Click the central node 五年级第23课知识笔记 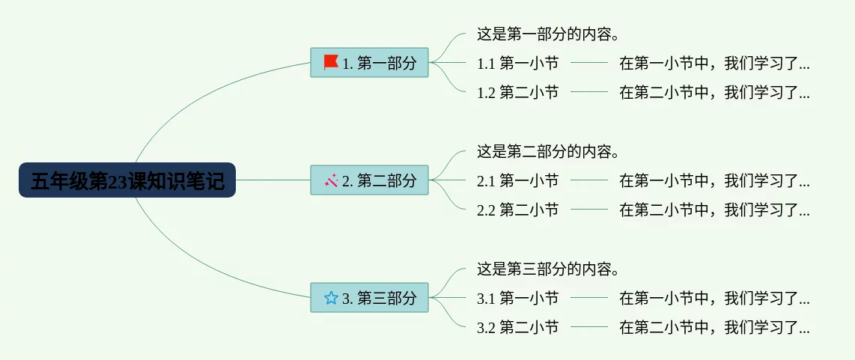[x=127, y=180]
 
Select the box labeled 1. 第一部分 [x=370, y=63]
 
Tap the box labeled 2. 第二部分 [x=370, y=180]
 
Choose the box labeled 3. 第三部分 [x=370, y=298]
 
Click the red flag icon [x=331, y=63]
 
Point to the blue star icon [x=331, y=298]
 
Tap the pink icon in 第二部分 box [x=331, y=180]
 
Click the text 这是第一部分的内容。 [x=551, y=34]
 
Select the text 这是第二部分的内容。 [x=551, y=151]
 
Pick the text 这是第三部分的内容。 [x=551, y=269]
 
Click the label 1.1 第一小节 [x=518, y=64]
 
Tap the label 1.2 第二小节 [x=518, y=93]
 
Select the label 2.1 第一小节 [x=518, y=180]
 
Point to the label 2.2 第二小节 [x=518, y=210]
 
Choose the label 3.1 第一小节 [x=518, y=298]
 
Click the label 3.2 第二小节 [x=518, y=327]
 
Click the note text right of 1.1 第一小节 [x=714, y=64]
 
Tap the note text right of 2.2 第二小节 [x=714, y=210]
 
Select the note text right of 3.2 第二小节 [x=714, y=327]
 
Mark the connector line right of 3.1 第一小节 [x=589, y=298]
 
